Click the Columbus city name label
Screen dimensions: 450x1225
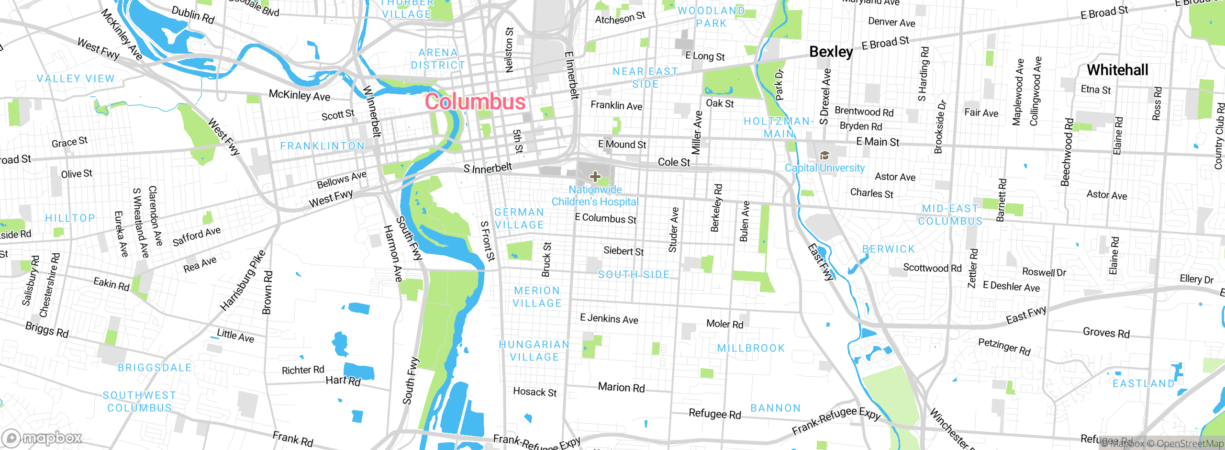tap(475, 102)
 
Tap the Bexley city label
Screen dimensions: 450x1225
tap(831, 52)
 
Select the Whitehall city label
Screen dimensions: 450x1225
tap(1117, 70)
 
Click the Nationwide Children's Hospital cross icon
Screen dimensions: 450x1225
tap(595, 177)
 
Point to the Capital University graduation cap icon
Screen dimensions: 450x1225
tap(824, 155)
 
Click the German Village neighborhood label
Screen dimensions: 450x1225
tap(519, 218)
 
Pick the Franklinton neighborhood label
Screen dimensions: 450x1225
tap(322, 146)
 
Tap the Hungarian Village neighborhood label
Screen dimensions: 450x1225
tap(534, 351)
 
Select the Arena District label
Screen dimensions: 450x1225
tap(438, 59)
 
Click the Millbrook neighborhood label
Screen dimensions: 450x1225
tap(751, 348)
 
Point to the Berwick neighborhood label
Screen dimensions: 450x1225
tap(888, 249)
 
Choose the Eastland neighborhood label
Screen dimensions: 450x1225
tap(1143, 383)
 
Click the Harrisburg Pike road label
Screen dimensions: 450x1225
tap(243, 281)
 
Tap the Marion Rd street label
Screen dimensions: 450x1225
tap(621, 387)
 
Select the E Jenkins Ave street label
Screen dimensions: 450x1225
tap(609, 319)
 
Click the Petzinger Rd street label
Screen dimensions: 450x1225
tap(1004, 346)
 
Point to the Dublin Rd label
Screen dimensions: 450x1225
tap(193, 14)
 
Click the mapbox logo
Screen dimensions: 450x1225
tap(42, 438)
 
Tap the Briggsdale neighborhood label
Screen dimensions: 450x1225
tap(155, 368)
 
